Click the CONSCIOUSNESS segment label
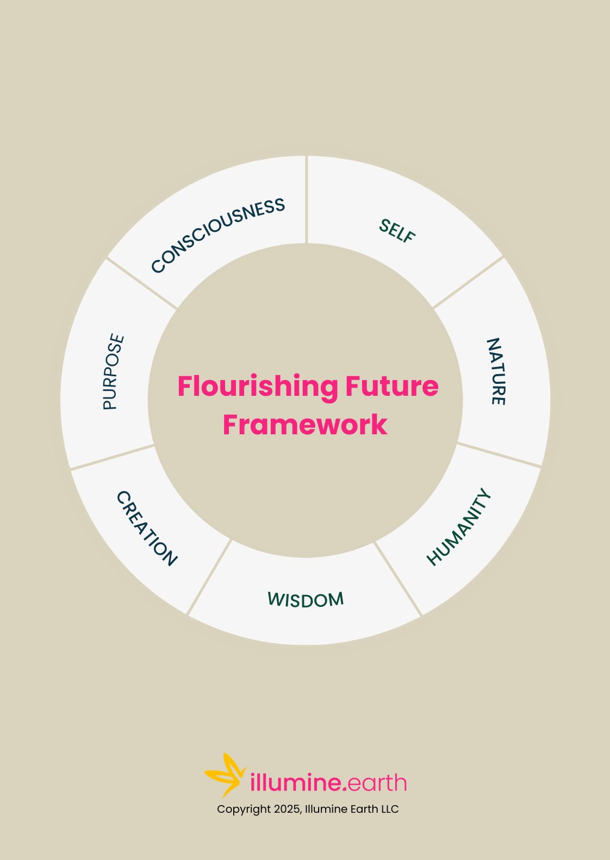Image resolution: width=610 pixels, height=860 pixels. pos(218,235)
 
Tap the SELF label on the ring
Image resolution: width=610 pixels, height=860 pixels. pos(397,231)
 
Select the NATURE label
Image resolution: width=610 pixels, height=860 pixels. pos(495,371)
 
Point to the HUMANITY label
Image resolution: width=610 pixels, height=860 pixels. pos(459,527)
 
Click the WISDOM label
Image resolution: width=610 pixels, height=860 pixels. pos(306,599)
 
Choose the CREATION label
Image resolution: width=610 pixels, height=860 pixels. pos(147,528)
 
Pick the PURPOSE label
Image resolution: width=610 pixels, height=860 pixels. pos(114,372)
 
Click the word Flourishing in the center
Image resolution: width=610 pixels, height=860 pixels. pos(258,387)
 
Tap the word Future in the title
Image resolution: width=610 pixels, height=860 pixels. pos(391,387)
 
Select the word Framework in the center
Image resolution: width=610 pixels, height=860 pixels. pos(305,425)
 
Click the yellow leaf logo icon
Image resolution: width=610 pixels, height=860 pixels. pos(225,775)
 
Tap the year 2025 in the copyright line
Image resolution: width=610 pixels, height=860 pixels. pos(286,809)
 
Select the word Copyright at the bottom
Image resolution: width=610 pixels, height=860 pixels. pos(244,809)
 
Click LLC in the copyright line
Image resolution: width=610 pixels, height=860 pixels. pos(389,809)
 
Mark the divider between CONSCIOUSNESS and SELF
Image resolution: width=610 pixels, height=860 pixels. pos(307,200)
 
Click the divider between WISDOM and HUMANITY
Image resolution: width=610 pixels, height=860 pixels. pos(398,579)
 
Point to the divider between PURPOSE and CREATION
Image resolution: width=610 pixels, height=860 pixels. pos(113,457)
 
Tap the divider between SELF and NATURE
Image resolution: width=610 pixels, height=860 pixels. pos(468,282)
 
